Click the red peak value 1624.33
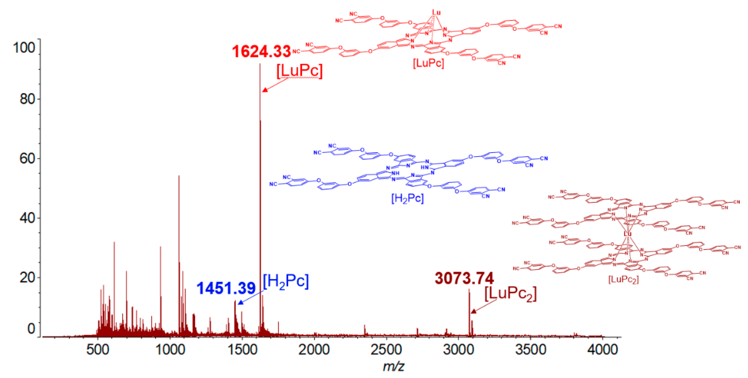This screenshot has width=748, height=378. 261,52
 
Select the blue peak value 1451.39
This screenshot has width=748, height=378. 226,288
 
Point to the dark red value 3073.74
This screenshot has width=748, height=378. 464,278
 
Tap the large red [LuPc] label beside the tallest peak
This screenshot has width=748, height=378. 299,71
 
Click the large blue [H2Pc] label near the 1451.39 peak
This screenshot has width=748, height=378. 286,281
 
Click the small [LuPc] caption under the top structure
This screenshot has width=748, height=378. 428,63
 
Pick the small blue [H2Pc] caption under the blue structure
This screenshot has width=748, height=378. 407,199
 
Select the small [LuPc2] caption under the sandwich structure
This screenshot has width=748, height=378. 623,279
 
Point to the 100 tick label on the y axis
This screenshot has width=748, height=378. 24,47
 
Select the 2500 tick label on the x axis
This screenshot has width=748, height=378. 386,349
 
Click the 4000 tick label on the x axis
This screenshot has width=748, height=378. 603,349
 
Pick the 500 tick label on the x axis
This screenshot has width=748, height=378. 97,349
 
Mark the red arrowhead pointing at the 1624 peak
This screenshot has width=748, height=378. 264,90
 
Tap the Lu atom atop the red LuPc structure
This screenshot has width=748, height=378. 436,12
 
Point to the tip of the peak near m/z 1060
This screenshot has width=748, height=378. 179,176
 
